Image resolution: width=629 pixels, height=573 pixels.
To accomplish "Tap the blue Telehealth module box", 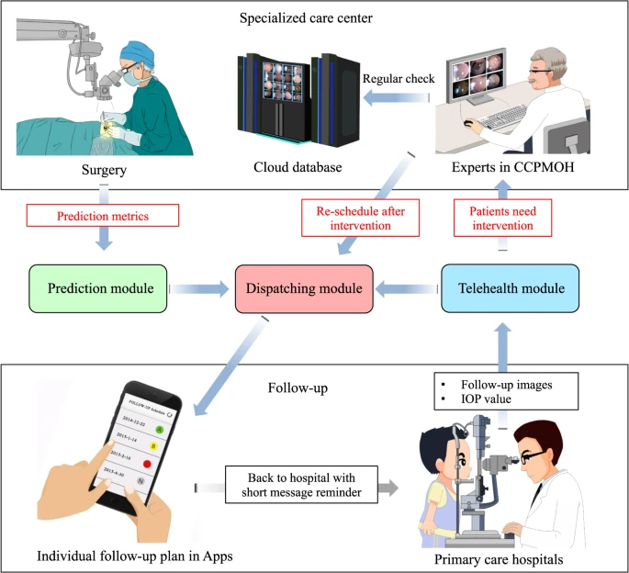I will [510, 289].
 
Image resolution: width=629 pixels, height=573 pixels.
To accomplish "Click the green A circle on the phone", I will [158, 429].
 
